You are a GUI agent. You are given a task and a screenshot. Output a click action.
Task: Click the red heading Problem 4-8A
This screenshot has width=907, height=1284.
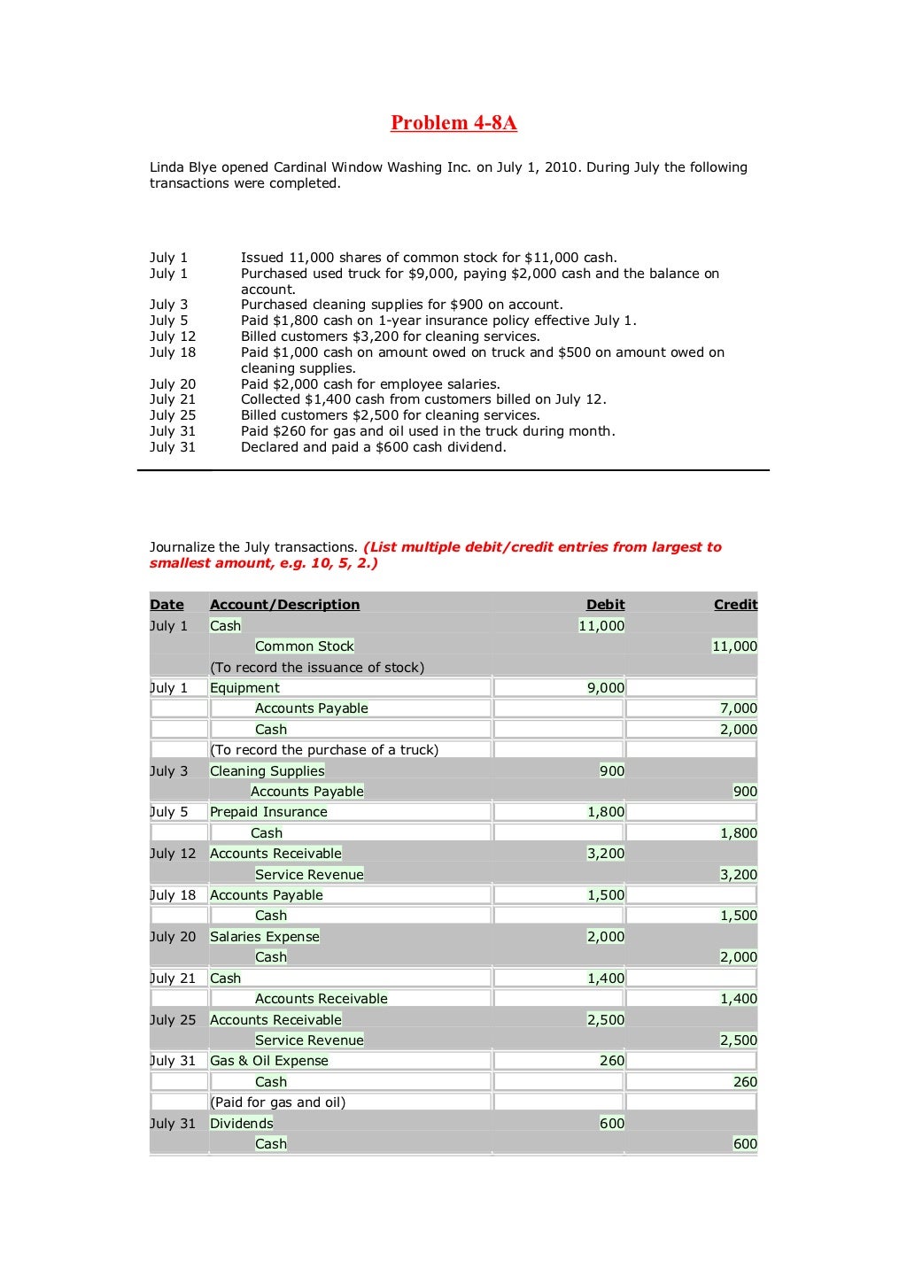coord(453,123)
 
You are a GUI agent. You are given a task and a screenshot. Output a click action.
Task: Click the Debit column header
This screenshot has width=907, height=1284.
coord(605,605)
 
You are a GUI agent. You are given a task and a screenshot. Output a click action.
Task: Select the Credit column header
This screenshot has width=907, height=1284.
coord(735,605)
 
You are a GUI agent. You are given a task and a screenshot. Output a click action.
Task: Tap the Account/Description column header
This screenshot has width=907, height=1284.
coord(284,605)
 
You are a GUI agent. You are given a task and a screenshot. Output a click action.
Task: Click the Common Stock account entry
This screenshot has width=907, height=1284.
coord(304,646)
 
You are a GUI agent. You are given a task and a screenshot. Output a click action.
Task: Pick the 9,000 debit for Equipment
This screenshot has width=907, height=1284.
coord(606,688)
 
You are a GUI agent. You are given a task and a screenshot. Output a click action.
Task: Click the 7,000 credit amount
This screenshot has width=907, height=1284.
coord(738,708)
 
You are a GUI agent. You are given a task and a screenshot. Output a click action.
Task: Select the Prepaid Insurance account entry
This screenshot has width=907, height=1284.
coord(268,812)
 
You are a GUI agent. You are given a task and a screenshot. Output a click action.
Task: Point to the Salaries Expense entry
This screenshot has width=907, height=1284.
coord(264,937)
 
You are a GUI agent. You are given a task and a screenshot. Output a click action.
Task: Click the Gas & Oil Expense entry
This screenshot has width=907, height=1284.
coord(268,1061)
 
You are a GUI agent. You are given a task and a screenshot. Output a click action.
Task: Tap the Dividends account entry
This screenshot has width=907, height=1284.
coord(241,1124)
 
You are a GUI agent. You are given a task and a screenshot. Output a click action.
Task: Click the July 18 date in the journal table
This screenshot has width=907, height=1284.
coord(173,895)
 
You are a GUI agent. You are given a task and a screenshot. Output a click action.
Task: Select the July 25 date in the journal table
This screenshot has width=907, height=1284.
coord(173,1020)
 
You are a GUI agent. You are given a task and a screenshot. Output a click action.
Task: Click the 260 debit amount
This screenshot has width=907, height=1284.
coord(611,1061)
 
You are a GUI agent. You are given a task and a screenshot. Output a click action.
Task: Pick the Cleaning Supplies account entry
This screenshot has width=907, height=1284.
coord(267,771)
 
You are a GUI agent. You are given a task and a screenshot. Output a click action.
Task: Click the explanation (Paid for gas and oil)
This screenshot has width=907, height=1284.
coord(277,1102)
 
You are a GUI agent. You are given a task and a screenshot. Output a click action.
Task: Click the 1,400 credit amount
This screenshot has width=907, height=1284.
coord(738,999)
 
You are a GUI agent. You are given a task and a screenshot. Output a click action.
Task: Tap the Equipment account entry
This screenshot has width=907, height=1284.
coord(244,688)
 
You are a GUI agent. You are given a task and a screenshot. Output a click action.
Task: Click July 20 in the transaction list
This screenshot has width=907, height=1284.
coord(173,384)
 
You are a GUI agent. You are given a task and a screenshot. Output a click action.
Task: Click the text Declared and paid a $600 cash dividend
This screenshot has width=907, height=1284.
coord(373,447)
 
